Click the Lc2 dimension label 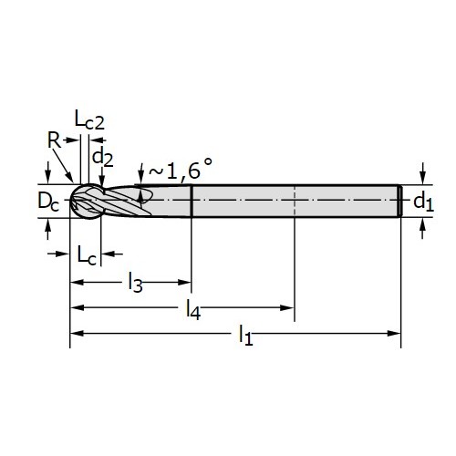(89, 120)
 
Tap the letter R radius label (54, 140)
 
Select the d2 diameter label (103, 158)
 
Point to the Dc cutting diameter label (48, 201)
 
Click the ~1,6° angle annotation (181, 169)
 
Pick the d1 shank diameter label (423, 202)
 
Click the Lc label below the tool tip (87, 254)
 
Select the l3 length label (135, 283)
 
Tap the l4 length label (193, 309)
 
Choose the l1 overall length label (245, 335)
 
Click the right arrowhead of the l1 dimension (394, 334)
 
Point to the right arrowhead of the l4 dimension (287, 308)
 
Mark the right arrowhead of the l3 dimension (184, 282)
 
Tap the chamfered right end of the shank (400, 201)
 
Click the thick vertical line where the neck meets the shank (192, 201)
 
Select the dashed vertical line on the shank (295, 201)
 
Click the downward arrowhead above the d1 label (422, 178)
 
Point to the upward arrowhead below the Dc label (47, 225)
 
